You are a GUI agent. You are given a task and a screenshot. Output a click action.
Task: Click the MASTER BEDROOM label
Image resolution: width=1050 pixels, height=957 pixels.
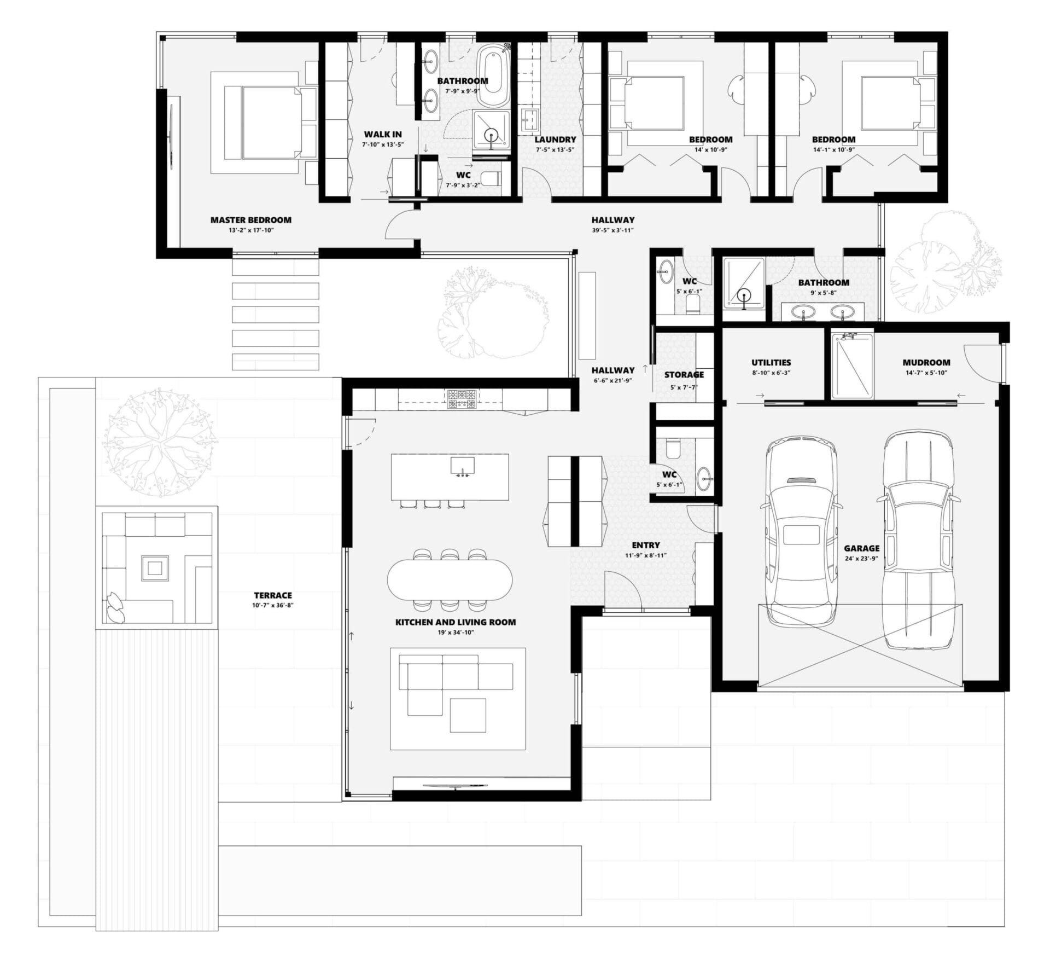tap(250, 220)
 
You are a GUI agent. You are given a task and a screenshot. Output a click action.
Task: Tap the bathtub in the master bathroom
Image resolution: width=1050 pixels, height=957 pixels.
tap(494, 77)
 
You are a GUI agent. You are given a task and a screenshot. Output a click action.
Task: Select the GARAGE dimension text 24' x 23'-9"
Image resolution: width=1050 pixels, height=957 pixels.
tap(861, 559)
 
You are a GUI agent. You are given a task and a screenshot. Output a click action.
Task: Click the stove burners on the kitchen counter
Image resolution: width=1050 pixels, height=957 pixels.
tap(463, 399)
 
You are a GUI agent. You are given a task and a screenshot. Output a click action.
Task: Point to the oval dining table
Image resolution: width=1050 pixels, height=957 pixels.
tap(450, 579)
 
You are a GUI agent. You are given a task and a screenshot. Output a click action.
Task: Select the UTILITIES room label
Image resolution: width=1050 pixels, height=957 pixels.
tap(771, 362)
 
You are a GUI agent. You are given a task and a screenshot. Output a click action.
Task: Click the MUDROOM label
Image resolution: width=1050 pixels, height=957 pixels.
tap(926, 362)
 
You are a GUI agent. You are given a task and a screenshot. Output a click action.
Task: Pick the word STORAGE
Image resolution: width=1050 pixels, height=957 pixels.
tap(684, 375)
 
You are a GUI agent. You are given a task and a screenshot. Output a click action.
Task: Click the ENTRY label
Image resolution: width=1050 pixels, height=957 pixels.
tap(645, 545)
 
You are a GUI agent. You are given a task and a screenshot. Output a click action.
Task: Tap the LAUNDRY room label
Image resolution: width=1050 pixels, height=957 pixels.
tap(555, 140)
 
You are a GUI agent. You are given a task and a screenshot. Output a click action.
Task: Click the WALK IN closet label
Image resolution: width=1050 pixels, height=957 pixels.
tap(383, 134)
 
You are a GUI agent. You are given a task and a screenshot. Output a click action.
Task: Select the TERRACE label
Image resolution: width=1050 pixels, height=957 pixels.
tap(272, 595)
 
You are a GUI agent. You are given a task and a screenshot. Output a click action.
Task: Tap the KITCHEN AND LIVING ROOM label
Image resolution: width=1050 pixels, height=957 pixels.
tap(455, 622)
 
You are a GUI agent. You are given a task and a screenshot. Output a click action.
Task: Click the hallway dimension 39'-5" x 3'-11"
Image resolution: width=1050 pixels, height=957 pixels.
tap(612, 230)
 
